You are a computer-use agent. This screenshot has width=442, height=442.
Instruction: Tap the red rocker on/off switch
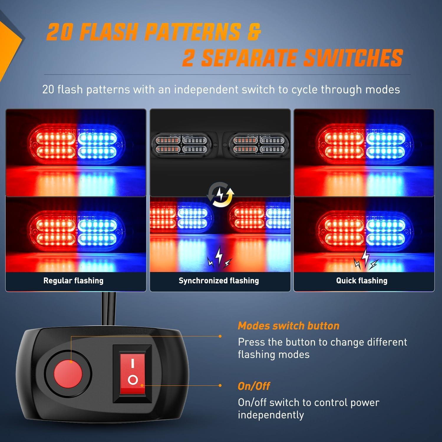(x=133, y=374)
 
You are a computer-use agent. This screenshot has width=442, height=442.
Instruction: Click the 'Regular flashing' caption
(x=73, y=281)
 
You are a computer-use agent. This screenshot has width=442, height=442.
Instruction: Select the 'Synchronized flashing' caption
(x=219, y=281)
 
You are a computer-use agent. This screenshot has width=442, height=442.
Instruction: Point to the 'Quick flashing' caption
(x=362, y=281)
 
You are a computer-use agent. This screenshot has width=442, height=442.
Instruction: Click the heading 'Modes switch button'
(x=288, y=326)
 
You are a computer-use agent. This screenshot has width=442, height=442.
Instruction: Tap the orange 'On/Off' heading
(x=254, y=386)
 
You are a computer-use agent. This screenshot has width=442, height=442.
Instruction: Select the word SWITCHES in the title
(x=353, y=57)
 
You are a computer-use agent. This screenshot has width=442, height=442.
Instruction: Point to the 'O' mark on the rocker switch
(x=133, y=380)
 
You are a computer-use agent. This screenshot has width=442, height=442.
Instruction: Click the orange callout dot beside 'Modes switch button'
(x=220, y=336)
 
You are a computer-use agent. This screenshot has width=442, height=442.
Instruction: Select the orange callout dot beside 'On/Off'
(x=220, y=385)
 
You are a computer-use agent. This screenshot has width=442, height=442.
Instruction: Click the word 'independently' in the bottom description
(x=271, y=415)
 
